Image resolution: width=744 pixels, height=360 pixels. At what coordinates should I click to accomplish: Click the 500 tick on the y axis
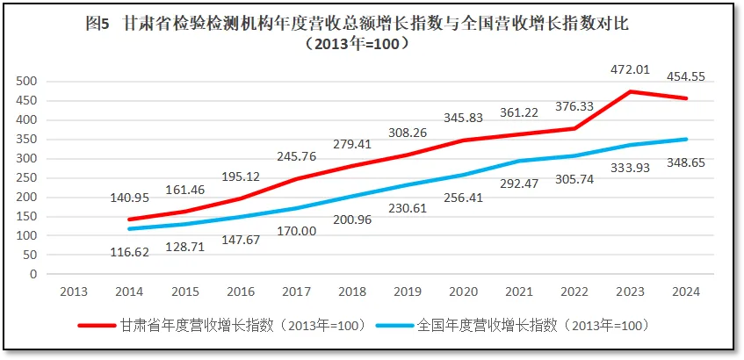29,82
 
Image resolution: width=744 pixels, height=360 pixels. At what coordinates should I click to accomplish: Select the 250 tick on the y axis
29,178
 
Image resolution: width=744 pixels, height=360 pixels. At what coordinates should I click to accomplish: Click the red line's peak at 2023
630,91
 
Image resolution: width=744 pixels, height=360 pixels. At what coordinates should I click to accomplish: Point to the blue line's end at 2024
686,139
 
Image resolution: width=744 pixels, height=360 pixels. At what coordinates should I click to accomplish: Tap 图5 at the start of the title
97,25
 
